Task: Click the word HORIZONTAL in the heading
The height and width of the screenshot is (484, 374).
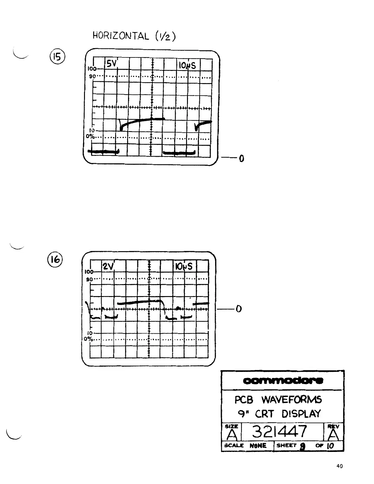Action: pos(121,36)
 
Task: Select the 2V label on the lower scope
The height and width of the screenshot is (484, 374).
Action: pos(108,266)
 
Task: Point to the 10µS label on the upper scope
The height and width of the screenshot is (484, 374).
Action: pos(187,65)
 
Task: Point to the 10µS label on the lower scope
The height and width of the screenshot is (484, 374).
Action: pos(184,266)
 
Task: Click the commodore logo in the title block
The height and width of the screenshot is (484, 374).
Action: pos(283,381)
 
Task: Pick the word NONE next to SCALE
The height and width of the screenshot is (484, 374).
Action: pos(258,446)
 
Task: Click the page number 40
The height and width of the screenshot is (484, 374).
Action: pos(339,466)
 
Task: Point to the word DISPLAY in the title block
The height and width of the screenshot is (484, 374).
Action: pos(301,414)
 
